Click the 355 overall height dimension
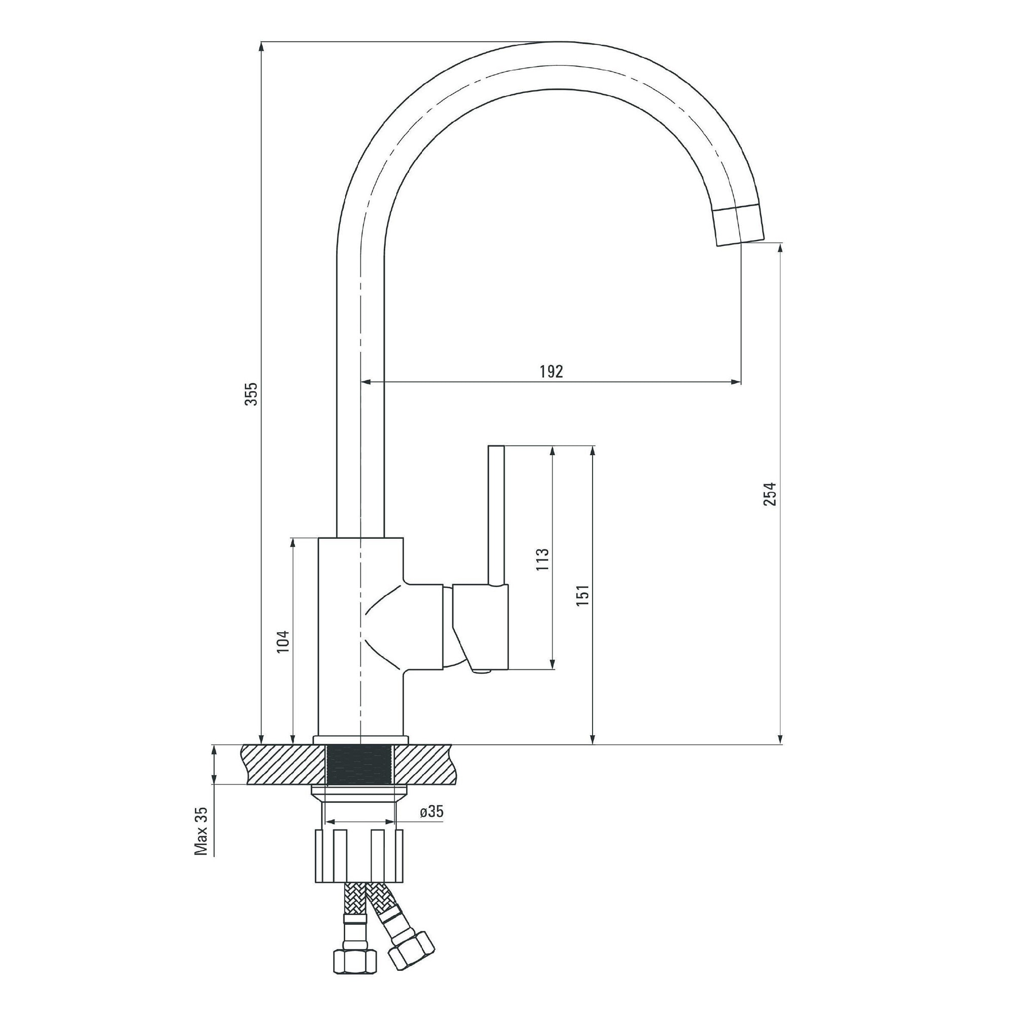[252, 393]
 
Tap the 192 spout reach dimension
[551, 372]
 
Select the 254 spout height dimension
[770, 493]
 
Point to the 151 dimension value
[583, 595]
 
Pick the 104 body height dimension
[283, 641]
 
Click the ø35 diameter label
[431, 811]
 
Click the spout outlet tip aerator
[737, 226]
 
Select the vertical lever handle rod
[496, 514]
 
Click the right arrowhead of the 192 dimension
[737, 382]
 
